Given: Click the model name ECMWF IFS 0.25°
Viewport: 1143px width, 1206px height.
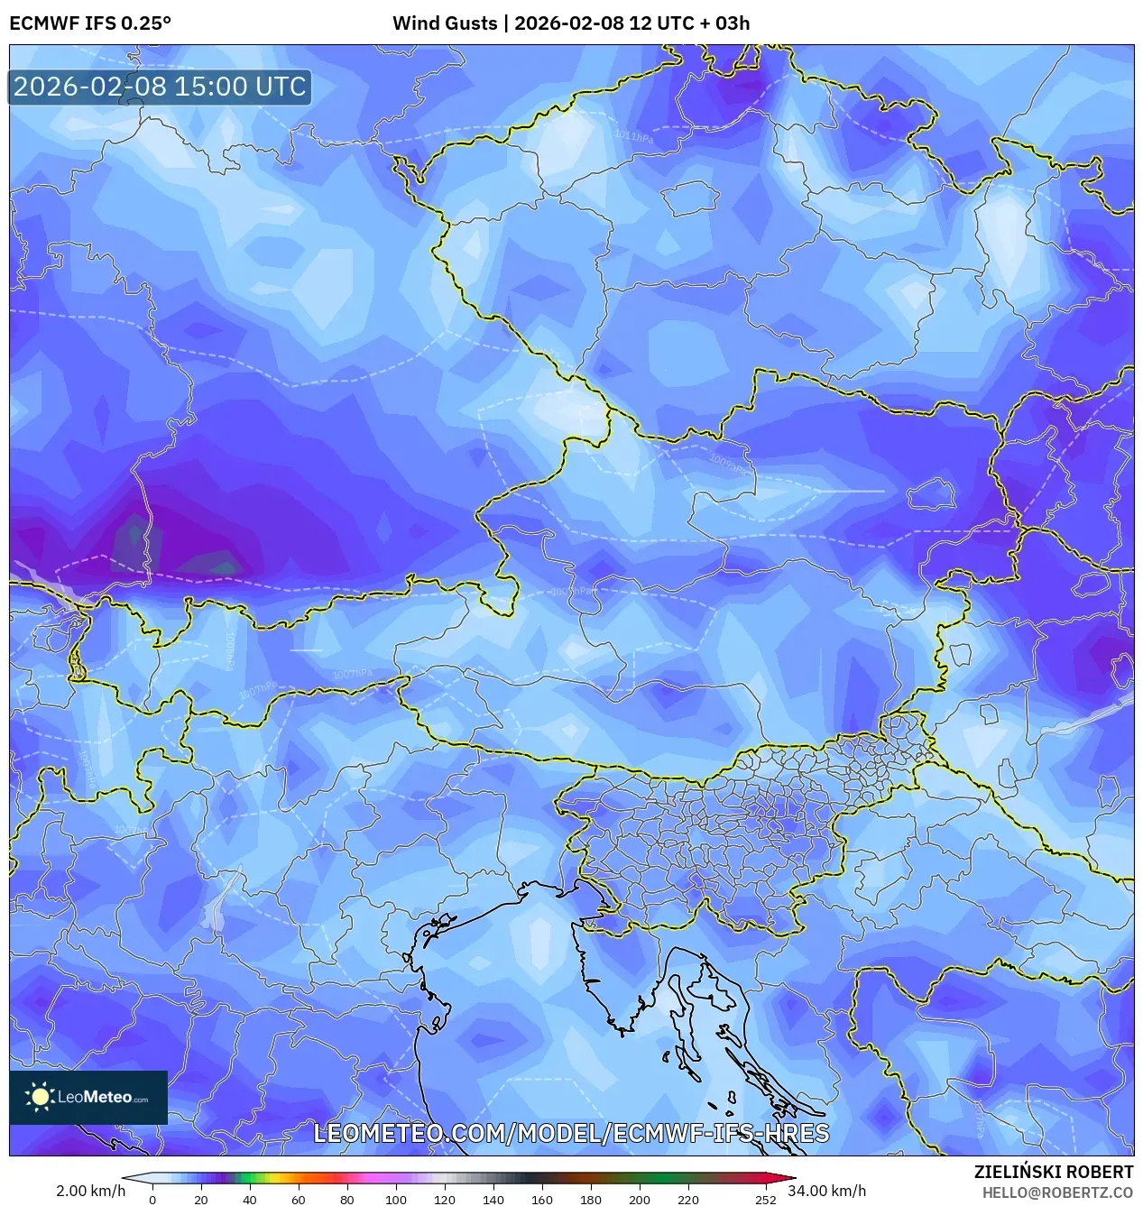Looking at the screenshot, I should [90, 23].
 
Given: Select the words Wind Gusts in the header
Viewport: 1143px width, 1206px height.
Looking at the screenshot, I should [445, 23].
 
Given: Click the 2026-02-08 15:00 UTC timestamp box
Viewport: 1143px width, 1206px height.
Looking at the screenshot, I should [160, 87].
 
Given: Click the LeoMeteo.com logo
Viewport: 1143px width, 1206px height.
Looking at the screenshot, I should [88, 1097].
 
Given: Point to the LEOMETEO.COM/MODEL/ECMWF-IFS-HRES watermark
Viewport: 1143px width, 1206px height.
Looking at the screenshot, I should [571, 1133].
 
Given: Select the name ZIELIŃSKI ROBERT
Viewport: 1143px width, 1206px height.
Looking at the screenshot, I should [1053, 1172].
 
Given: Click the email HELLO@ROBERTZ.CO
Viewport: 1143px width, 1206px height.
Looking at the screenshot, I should [1057, 1192].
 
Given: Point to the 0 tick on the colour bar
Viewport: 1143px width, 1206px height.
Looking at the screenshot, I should [152, 1200].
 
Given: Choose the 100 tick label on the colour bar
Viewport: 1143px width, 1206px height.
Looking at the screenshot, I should [395, 1200].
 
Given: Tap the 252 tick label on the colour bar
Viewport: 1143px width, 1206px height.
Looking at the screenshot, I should [765, 1200].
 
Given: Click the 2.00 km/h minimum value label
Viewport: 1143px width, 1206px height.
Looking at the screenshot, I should [90, 1191].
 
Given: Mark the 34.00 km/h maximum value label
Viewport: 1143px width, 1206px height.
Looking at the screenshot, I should [827, 1191].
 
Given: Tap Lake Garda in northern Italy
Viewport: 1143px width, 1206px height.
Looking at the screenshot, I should [214, 907].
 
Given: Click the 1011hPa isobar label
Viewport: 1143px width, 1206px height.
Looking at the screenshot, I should [633, 136].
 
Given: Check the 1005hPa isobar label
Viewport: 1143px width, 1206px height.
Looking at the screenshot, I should [574, 592].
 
